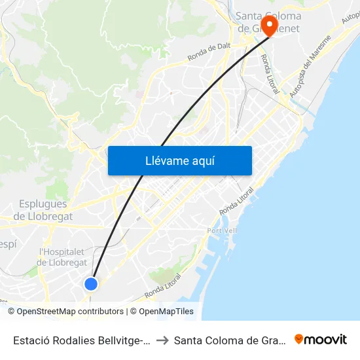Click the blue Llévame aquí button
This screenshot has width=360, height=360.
tap(179, 160)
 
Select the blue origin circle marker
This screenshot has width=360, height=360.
tap(91, 283)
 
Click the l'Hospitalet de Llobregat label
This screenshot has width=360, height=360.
tap(63, 257)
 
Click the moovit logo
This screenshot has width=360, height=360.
tap(320, 339)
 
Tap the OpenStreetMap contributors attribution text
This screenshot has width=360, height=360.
tap(70, 312)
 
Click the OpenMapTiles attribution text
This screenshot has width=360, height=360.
tap(166, 312)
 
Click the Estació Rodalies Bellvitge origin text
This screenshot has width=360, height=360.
tap(82, 340)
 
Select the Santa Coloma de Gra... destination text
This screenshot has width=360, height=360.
tap(228, 340)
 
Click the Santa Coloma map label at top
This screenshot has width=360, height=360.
tap(269, 16)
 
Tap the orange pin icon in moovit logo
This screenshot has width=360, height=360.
tap(299, 339)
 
